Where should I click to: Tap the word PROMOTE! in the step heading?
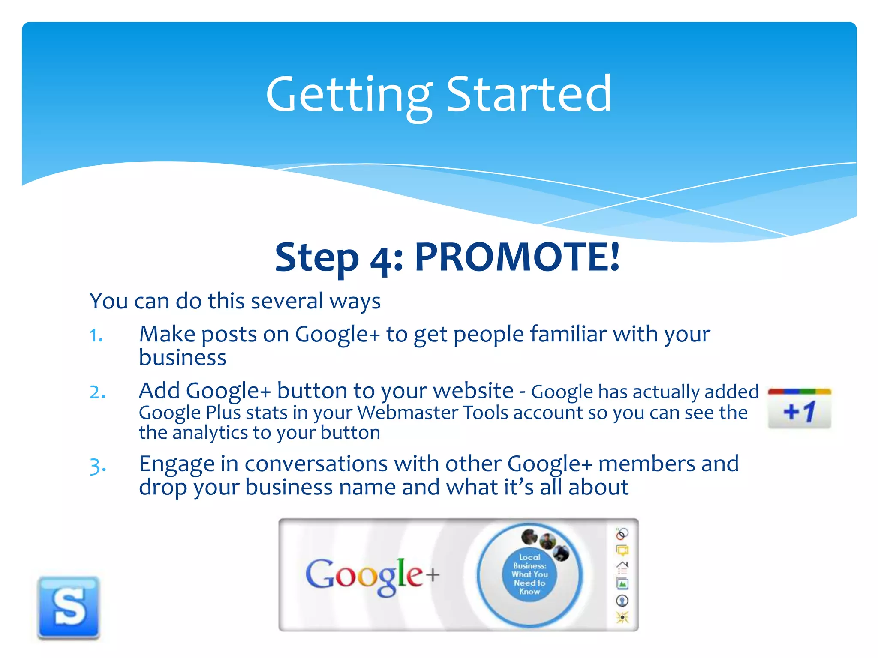(517, 257)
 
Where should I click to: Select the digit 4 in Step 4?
(380, 260)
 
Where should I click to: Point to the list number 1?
(96, 335)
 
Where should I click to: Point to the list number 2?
(97, 392)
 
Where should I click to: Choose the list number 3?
(97, 466)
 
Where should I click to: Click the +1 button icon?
(799, 409)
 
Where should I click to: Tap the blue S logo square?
(69, 607)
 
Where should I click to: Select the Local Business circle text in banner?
(529, 574)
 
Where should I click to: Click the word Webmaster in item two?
(407, 413)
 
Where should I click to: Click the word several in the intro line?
(287, 301)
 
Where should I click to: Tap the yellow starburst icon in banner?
(622, 617)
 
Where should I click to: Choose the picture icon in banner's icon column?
(622, 583)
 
